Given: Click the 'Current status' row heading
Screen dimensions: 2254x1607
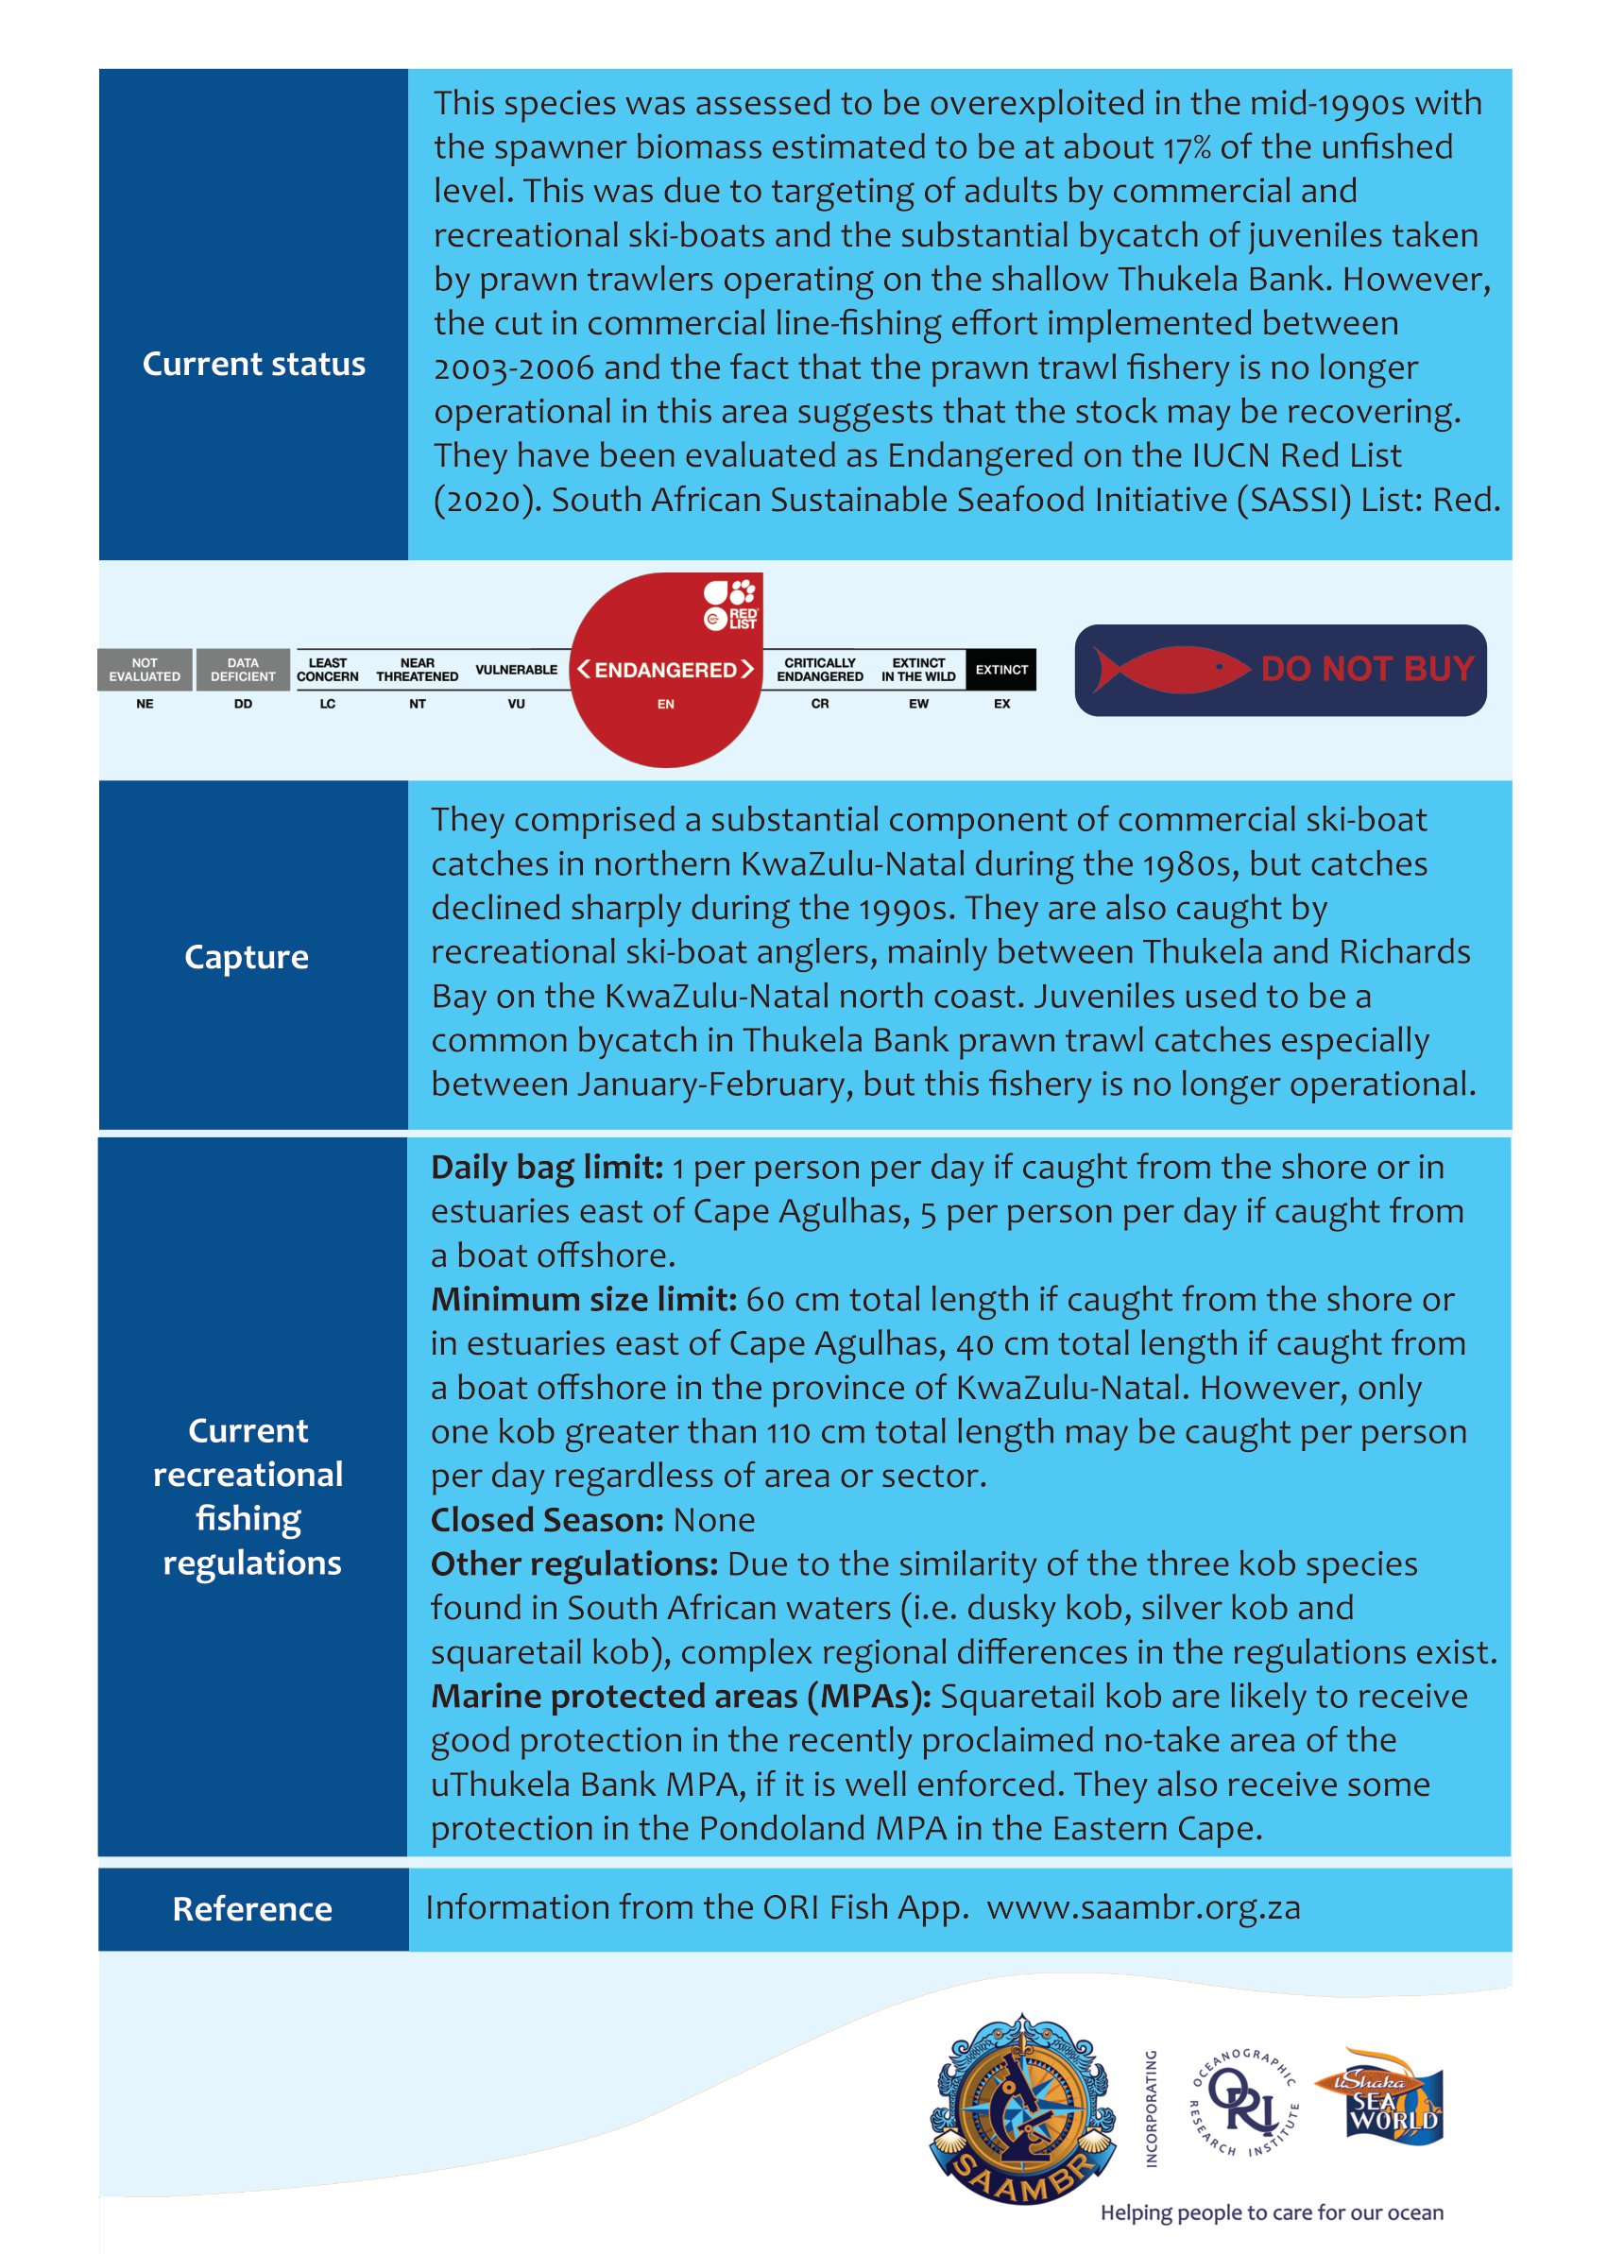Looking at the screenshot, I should pos(253,364).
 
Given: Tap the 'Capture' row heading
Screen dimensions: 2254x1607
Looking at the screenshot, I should pos(247,957).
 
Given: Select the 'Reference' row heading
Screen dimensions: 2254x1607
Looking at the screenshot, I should pos(252,1908).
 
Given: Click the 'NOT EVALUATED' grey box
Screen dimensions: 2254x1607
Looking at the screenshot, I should pos(145,670).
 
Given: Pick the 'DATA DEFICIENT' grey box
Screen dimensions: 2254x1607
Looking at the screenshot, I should pos(243,670).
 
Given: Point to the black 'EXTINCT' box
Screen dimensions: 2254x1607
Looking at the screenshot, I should pos(1001,670).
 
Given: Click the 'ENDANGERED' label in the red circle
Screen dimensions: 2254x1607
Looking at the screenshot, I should pos(665,670).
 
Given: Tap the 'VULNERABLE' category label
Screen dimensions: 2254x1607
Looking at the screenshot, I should pos(516,670).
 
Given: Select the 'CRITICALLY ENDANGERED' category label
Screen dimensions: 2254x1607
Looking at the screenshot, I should pos(819,670).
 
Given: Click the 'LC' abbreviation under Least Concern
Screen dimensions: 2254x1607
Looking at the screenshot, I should pos(328,704).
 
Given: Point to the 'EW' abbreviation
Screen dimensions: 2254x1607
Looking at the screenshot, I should pos(918,704).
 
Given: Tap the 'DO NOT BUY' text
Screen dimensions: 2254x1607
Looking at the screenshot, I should pos(1368,670).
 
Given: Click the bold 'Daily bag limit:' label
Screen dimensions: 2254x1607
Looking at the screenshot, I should pos(546,1168).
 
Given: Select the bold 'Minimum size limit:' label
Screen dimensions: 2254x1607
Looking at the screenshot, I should pos(584,1299).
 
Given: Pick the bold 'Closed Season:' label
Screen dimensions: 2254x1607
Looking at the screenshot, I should pos(547,1520).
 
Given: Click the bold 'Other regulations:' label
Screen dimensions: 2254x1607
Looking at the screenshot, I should pos(574,1564).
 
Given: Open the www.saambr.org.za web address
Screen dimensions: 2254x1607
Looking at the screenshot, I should pos(1143,1907).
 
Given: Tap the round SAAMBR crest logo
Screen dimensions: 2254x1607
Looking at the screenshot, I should pos(1022,2108).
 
